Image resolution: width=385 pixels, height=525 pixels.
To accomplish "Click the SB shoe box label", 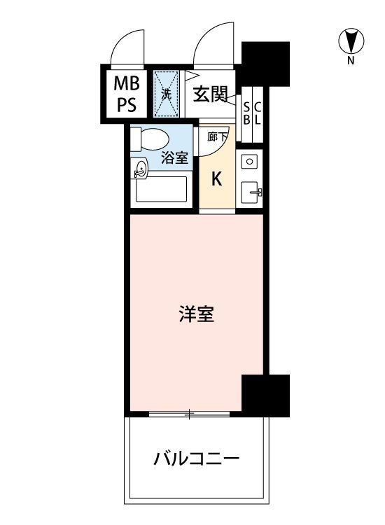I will click(x=246, y=112).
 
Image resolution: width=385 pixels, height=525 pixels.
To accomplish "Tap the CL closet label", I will click(x=257, y=112).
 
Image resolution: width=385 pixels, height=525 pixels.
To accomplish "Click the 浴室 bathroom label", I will click(x=175, y=157).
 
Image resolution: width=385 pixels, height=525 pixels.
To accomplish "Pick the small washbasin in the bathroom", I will click(x=141, y=168).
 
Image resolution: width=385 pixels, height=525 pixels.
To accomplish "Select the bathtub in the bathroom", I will click(x=160, y=189).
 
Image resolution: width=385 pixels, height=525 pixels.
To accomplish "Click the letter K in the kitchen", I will click(x=217, y=178).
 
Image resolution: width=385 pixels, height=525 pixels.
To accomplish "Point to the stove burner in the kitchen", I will click(x=249, y=161).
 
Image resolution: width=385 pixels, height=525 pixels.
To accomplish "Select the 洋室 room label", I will click(x=196, y=315).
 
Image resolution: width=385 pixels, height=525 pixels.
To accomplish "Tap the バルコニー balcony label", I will click(x=197, y=460).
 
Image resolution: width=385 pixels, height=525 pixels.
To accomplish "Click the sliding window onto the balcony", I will click(x=189, y=414).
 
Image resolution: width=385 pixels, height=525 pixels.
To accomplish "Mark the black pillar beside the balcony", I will click(x=266, y=394).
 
